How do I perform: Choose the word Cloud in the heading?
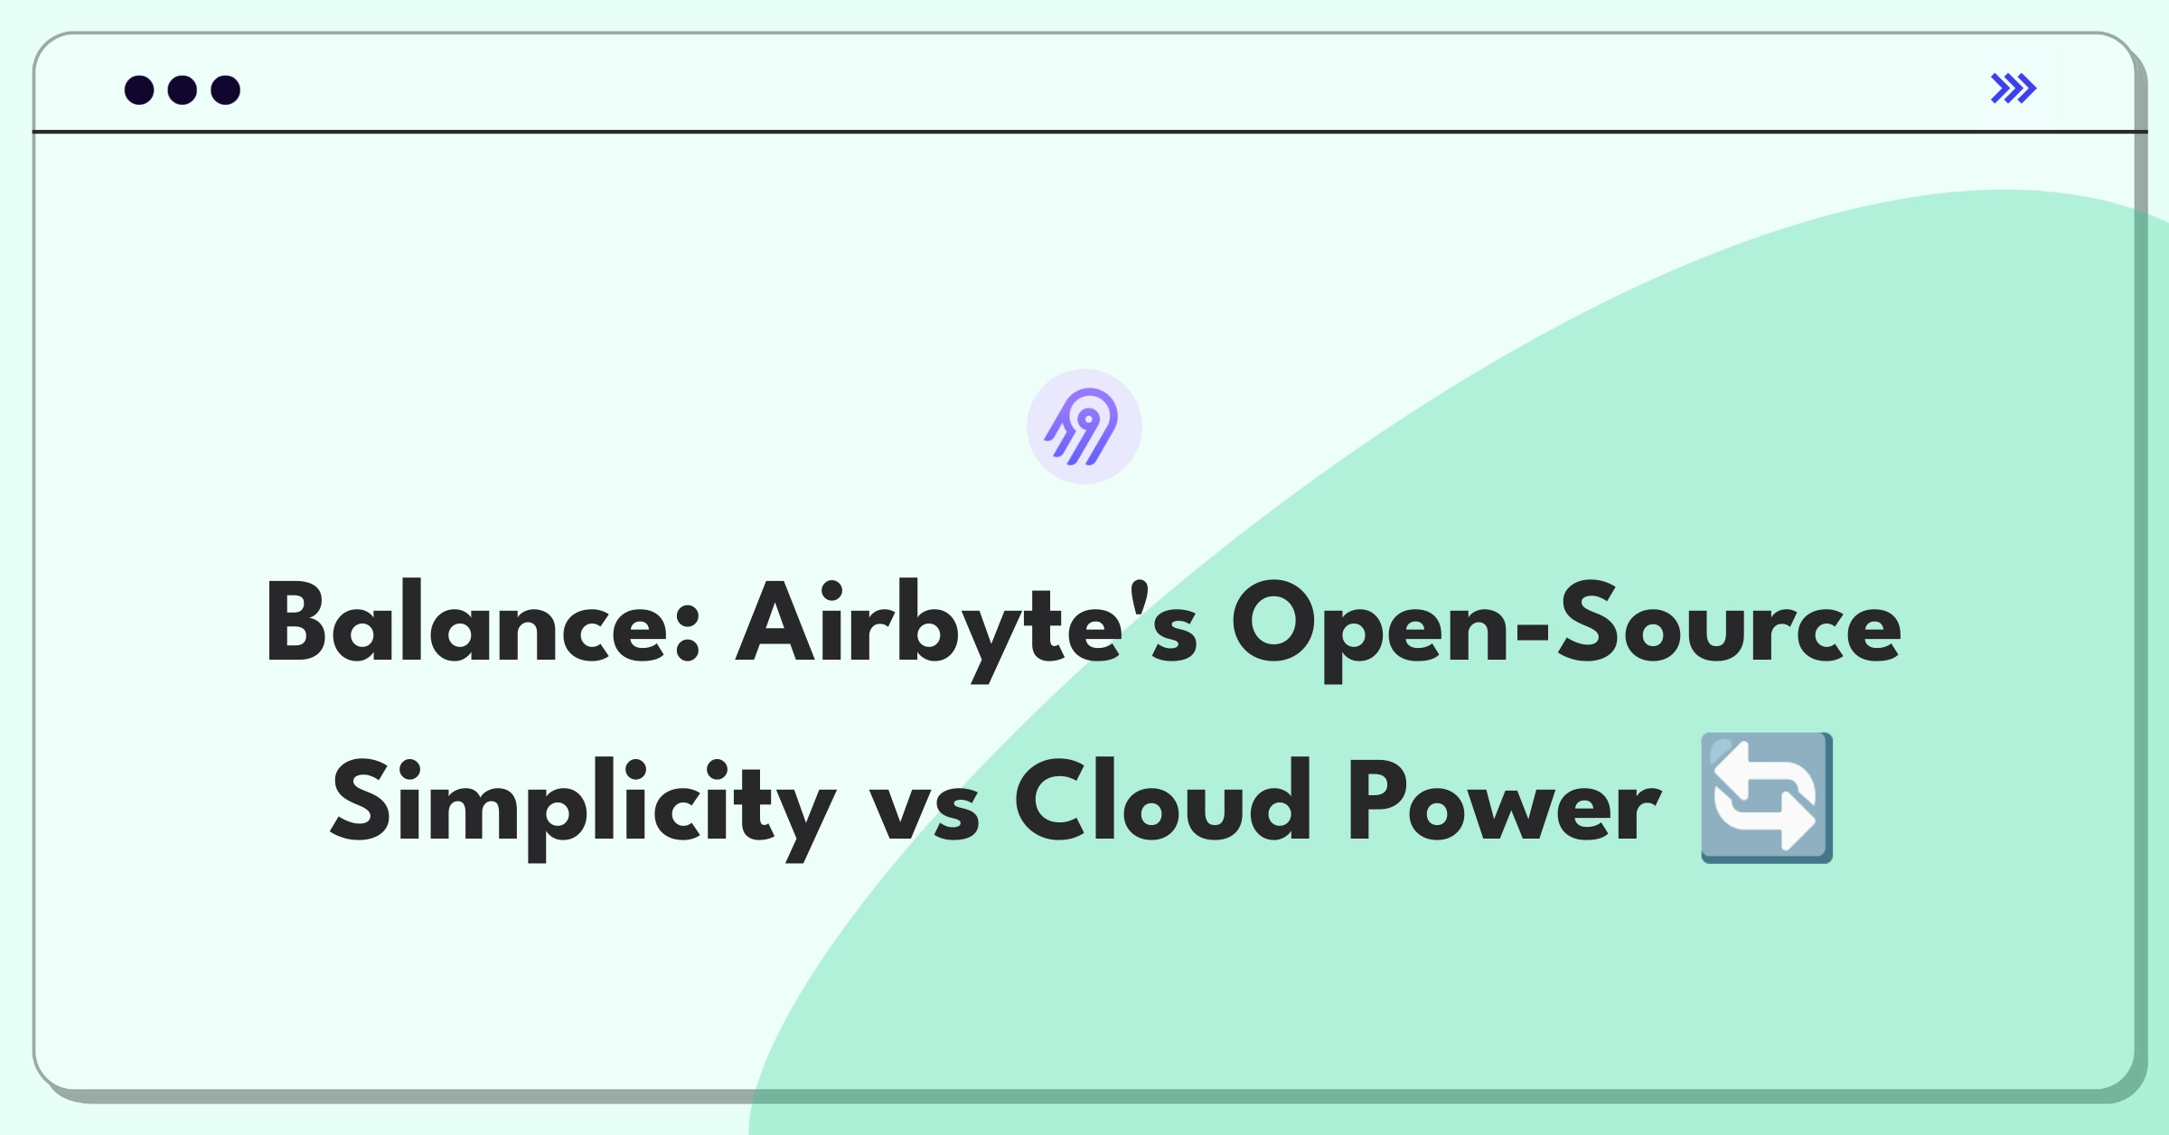click(x=1162, y=801)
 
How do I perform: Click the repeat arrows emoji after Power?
click(x=1767, y=798)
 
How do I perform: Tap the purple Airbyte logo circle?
click(x=1084, y=427)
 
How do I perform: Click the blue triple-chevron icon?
click(x=2014, y=89)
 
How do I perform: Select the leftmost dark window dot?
click(x=139, y=90)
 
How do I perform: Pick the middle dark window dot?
click(x=183, y=90)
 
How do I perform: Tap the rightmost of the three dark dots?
click(x=226, y=90)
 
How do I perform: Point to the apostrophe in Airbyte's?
click(x=1141, y=596)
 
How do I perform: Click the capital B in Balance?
click(x=296, y=622)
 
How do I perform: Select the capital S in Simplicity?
click(x=361, y=801)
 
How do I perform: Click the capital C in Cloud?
click(x=1048, y=801)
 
